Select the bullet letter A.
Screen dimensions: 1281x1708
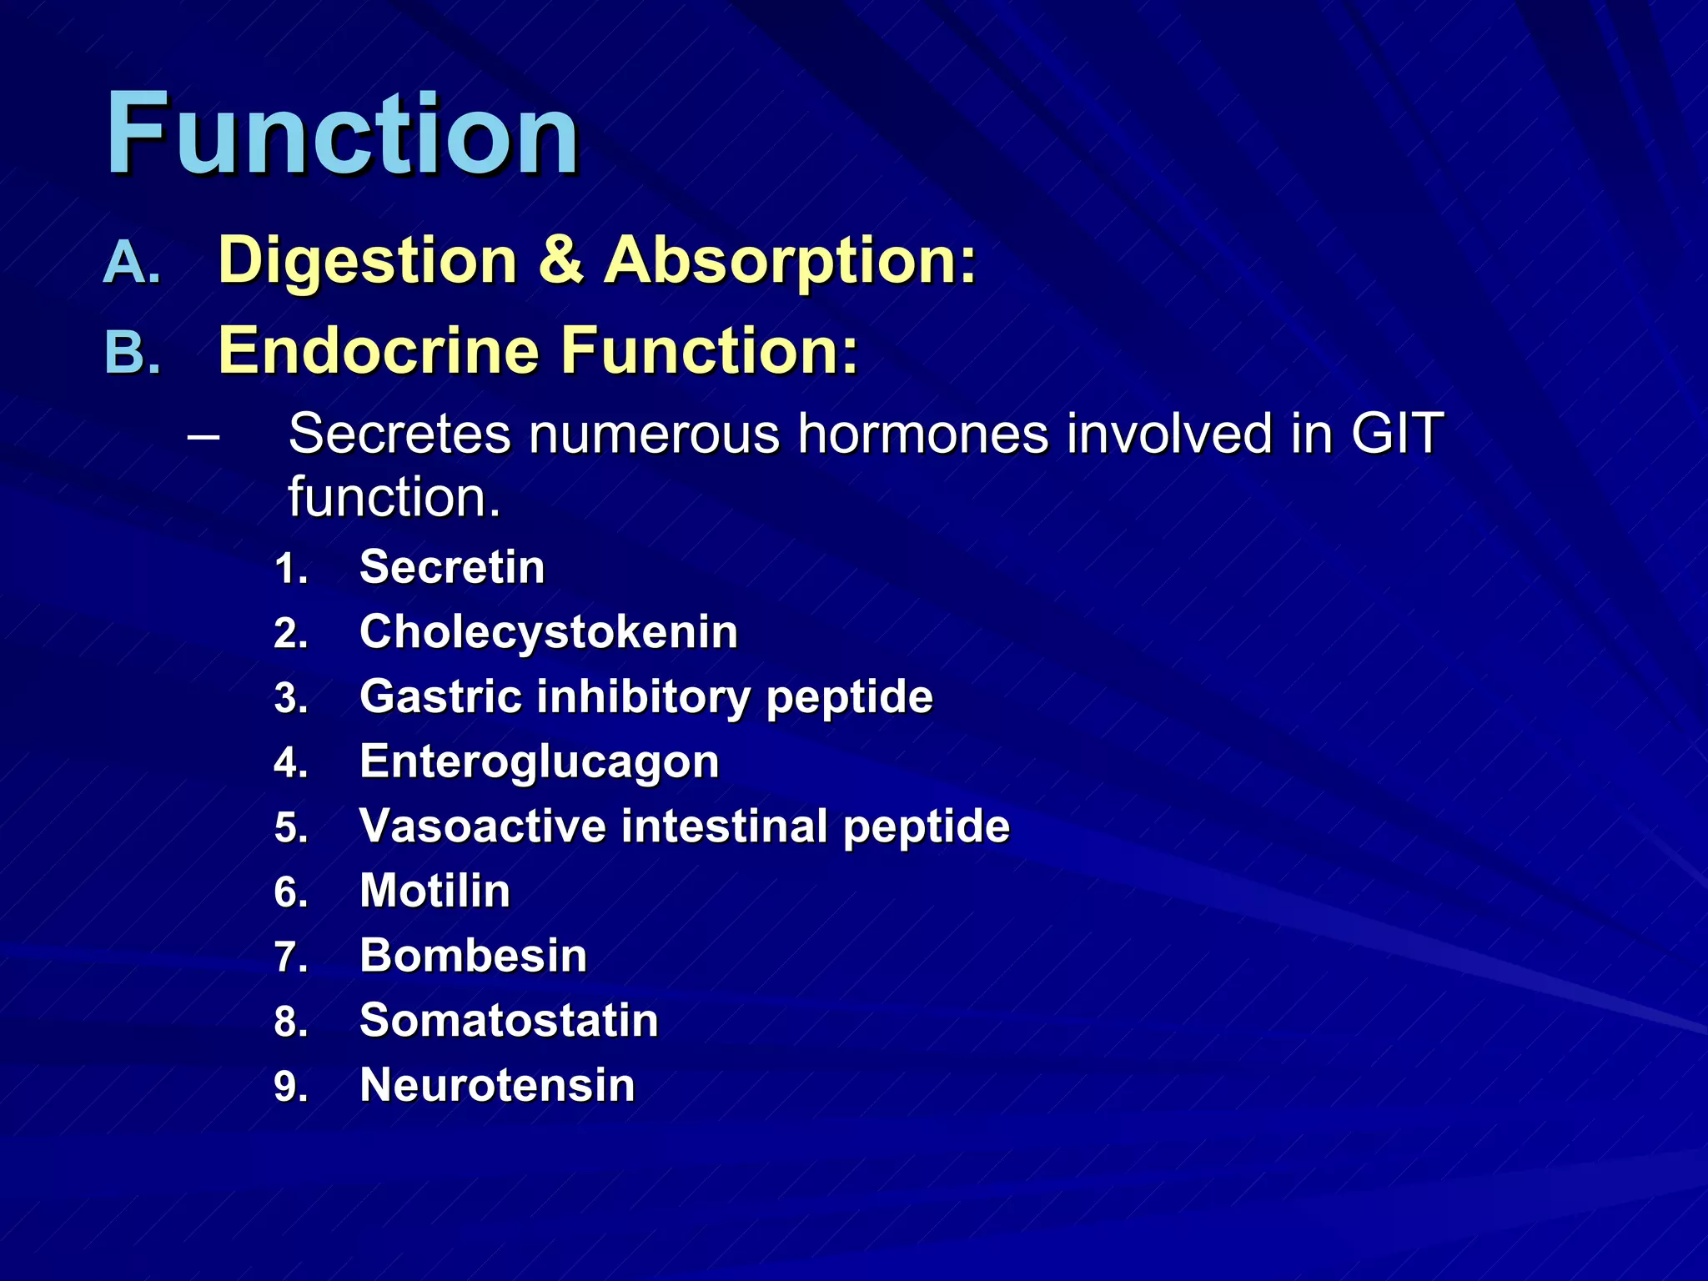click(132, 264)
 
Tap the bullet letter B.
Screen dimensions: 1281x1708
click(132, 353)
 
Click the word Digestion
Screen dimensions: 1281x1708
click(367, 262)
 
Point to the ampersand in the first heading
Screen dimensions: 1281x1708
click(560, 260)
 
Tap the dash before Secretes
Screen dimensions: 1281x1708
click(204, 435)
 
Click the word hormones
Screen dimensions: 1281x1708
click(922, 434)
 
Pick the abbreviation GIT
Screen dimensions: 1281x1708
click(1398, 434)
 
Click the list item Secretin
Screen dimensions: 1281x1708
click(452, 567)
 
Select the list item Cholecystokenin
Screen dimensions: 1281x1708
click(549, 631)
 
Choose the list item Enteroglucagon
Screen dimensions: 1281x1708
click(540, 761)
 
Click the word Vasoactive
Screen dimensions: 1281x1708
click(483, 826)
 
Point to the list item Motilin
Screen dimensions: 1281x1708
click(435, 891)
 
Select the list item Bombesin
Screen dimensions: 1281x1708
click(473, 955)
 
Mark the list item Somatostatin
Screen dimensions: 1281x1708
click(509, 1020)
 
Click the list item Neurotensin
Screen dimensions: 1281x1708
click(497, 1085)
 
